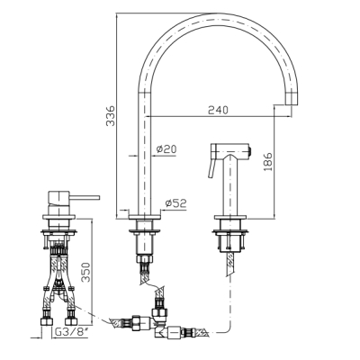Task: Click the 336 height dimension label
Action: coord(111,115)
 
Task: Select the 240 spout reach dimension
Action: coord(218,110)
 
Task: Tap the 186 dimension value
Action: coord(268,162)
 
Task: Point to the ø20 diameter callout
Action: coord(166,148)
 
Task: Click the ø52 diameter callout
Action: coord(175,203)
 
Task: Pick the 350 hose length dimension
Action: coord(86,272)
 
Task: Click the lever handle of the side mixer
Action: coord(85,197)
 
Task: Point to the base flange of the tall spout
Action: coord(145,217)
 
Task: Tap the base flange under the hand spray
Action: coord(230,217)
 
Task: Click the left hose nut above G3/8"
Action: coord(46,321)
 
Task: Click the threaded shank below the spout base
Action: coord(145,244)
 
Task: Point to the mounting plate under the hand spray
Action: coord(230,231)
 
